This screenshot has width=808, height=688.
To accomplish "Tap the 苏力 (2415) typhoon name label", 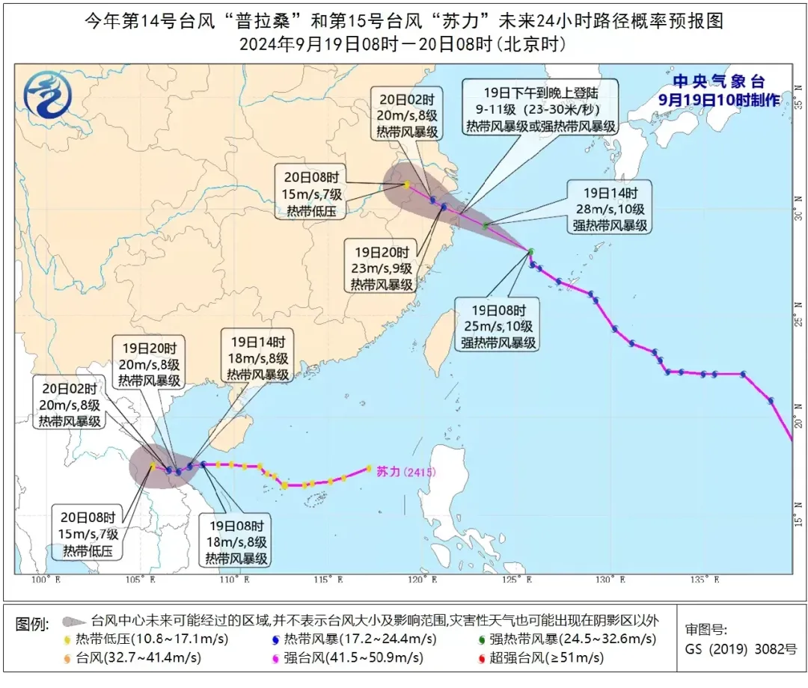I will [x=405, y=472].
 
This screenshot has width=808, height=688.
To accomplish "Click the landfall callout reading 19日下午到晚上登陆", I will [x=541, y=108].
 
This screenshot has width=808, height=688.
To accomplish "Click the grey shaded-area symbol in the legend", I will [x=72, y=621].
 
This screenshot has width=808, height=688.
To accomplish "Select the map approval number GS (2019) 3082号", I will [x=741, y=648].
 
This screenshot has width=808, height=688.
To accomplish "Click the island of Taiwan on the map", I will [x=446, y=333].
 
